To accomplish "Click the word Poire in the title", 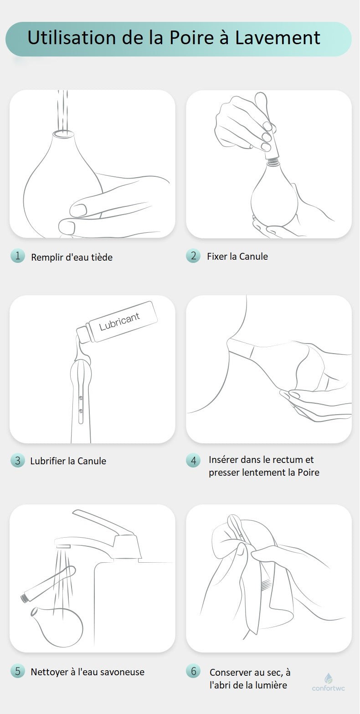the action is click(191, 38).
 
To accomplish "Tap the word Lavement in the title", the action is click(278, 38).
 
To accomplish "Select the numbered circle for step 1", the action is click(17, 256).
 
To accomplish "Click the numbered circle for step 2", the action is click(193, 256).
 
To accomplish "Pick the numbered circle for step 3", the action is click(17, 461).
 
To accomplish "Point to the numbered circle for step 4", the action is click(193, 461).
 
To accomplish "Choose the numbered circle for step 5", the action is click(17, 671).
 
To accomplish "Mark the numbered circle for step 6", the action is click(193, 671).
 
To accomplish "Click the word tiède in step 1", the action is click(102, 257).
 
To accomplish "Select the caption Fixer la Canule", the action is click(237, 256).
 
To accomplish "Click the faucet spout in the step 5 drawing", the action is click(63, 546).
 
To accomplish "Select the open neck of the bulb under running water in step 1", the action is click(62, 133).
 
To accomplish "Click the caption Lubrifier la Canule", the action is click(68, 461).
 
